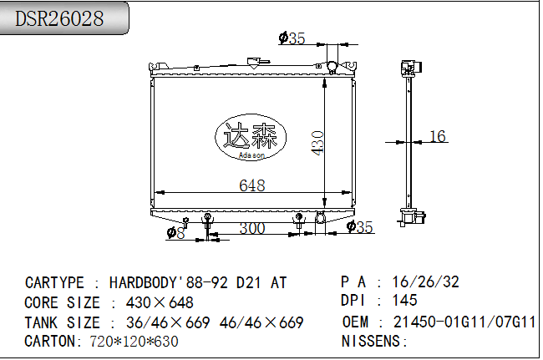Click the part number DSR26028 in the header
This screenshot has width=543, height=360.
pyautogui.click(x=59, y=18)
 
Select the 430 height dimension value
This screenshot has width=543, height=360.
pyautogui.click(x=317, y=143)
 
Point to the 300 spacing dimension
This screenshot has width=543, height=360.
pyautogui.click(x=251, y=228)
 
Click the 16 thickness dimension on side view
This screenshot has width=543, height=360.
pyautogui.click(x=438, y=136)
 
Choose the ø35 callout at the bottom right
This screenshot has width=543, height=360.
pyautogui.click(x=359, y=226)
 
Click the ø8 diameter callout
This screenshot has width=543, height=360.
pyautogui.click(x=175, y=232)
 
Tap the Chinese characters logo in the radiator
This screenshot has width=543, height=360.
pyautogui.click(x=251, y=136)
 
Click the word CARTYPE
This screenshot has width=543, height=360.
pyautogui.click(x=54, y=283)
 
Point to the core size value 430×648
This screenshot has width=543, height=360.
pyautogui.click(x=160, y=302)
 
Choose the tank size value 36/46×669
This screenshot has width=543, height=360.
pyautogui.click(x=168, y=322)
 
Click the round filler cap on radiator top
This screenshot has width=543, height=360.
pyautogui.click(x=332, y=66)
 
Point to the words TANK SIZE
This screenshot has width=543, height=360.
pyautogui.click(x=62, y=322)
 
